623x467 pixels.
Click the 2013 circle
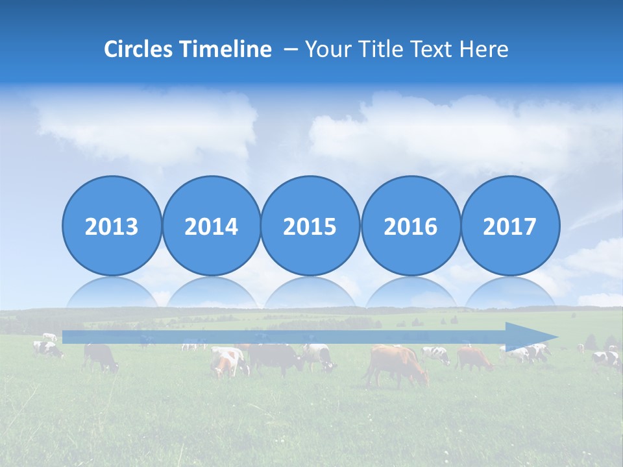tap(112, 226)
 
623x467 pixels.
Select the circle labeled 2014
tap(211, 226)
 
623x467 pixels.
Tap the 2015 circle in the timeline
tap(310, 226)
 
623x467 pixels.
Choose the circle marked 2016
tap(410, 226)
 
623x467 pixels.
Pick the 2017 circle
tap(509, 226)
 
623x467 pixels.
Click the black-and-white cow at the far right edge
tap(606, 359)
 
